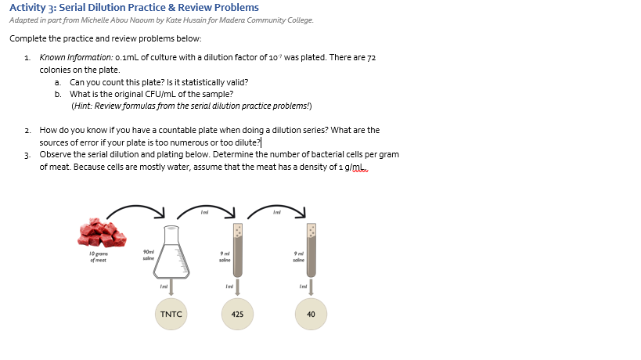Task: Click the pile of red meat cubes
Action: point(103,232)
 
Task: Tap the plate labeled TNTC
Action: point(171,314)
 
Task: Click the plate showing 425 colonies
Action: point(237,314)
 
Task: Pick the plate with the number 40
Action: point(311,314)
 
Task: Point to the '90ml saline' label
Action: point(148,254)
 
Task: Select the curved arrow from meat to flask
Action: point(135,209)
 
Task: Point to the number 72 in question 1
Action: point(372,58)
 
